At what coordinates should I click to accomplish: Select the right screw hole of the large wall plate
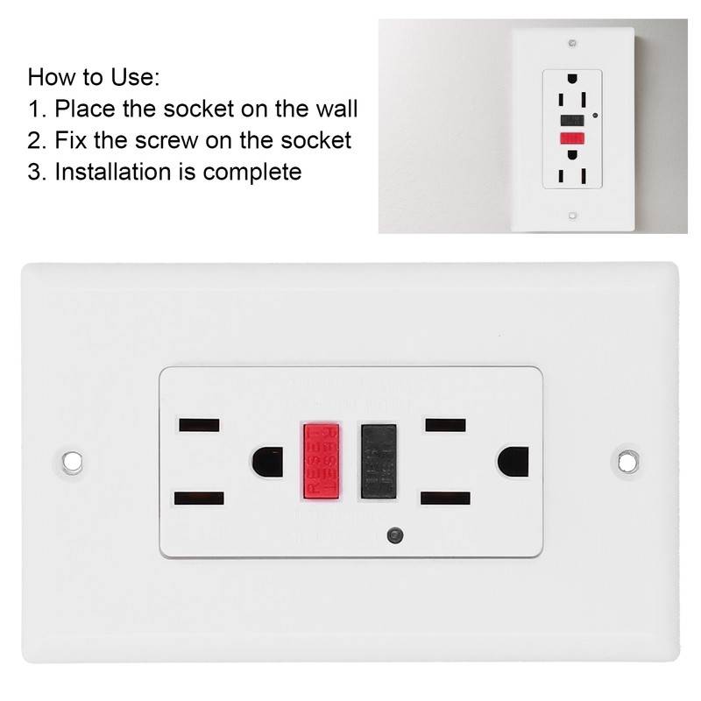click(627, 459)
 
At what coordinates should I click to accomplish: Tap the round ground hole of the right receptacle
click(512, 462)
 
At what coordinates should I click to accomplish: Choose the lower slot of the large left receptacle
click(198, 498)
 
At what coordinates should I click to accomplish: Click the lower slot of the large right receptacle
click(444, 498)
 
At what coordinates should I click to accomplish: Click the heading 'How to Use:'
click(94, 77)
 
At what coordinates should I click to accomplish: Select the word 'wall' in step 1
click(332, 109)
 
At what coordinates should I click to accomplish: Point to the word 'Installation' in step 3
click(110, 171)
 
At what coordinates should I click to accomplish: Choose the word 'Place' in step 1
click(83, 109)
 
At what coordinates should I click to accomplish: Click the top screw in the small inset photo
click(571, 42)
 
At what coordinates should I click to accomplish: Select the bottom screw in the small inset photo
click(571, 214)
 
